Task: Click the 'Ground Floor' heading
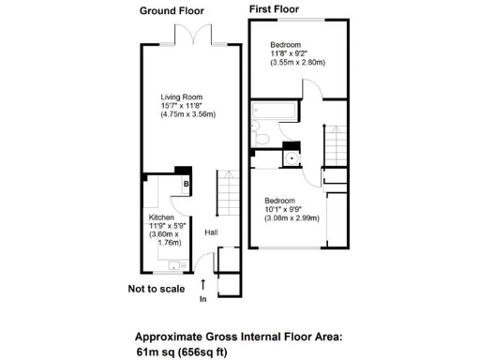click(172, 11)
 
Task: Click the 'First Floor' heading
click(274, 9)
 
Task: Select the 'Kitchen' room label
click(152, 216)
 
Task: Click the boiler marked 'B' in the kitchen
click(187, 184)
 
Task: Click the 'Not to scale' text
click(157, 289)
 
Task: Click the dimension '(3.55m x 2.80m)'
click(298, 63)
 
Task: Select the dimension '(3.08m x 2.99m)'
click(292, 217)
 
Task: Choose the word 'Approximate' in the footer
click(173, 337)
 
